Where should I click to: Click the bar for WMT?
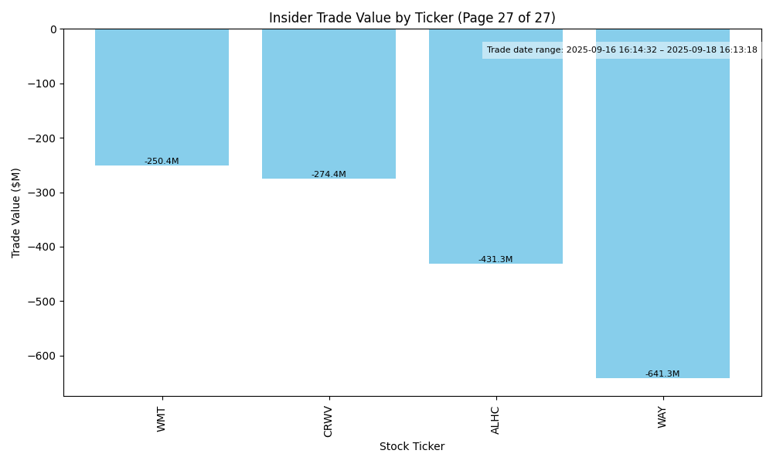click(162, 97)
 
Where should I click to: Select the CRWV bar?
click(329, 104)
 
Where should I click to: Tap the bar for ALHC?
click(495, 146)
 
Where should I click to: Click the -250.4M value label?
click(162, 162)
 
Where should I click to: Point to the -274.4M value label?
click(329, 175)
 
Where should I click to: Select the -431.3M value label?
click(495, 260)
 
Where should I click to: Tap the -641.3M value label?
click(662, 374)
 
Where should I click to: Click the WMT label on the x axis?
click(162, 419)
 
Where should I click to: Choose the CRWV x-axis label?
click(329, 421)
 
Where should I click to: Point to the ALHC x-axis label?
click(495, 420)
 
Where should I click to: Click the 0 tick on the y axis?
click(53, 29)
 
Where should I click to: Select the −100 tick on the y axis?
click(43, 84)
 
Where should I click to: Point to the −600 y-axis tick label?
click(43, 357)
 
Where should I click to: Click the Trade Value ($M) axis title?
click(16, 213)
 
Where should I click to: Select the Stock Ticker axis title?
click(412, 447)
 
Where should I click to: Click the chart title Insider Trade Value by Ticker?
click(412, 18)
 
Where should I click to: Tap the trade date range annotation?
click(621, 50)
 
